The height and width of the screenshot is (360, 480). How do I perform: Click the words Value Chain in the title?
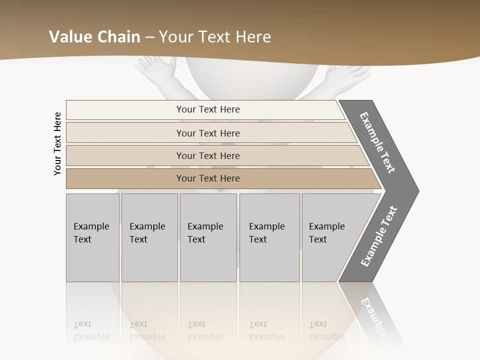click(x=94, y=37)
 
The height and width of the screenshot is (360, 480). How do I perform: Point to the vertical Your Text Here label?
click(x=57, y=143)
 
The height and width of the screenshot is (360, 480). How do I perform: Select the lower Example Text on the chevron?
click(x=379, y=236)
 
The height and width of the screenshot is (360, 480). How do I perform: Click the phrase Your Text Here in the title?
click(x=215, y=37)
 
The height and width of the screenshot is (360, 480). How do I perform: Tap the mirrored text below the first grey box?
click(x=91, y=330)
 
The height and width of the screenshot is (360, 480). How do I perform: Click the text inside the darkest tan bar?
click(x=208, y=178)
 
